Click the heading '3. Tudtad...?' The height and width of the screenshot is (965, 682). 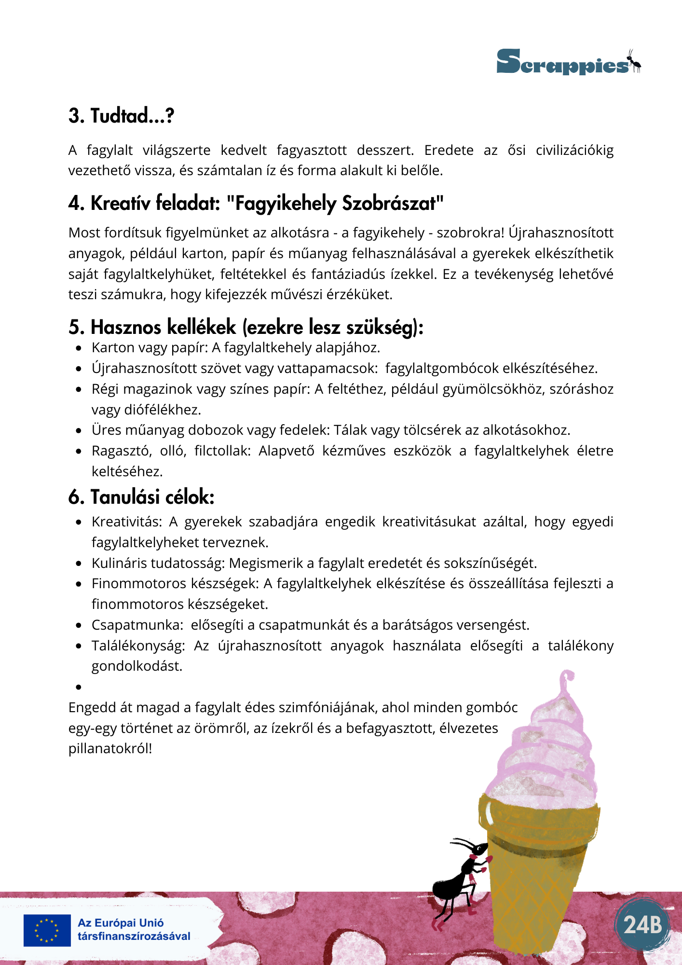coord(121,116)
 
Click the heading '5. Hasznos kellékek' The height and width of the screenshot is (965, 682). coord(246,327)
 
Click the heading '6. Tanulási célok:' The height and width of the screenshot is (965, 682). coord(141,497)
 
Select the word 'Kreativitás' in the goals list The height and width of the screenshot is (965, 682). coord(126,522)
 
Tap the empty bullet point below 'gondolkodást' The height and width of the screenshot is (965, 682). coord(79,687)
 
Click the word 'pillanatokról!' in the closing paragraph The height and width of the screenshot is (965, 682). coord(110,749)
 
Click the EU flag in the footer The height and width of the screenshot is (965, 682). coord(47,930)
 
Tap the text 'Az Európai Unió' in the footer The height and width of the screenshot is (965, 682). coord(121,923)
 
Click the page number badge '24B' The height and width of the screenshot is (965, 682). coord(642,924)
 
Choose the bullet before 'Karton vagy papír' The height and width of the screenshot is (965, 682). coord(79,348)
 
